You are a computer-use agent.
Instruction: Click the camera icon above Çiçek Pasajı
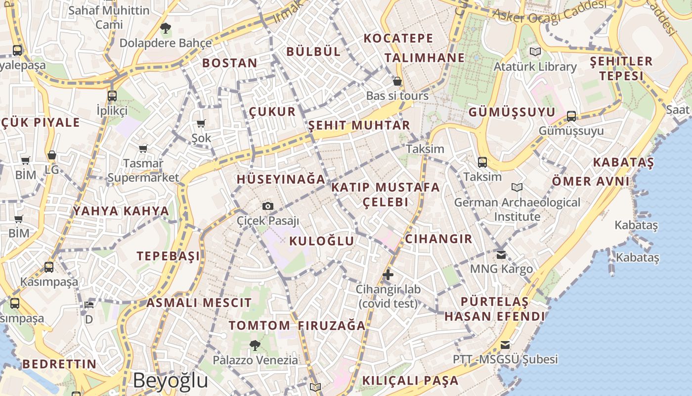(x=267, y=206)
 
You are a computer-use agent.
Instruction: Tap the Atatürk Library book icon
(x=535, y=51)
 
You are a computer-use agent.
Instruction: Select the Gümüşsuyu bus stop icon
(x=571, y=116)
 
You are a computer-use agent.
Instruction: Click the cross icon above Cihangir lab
(x=388, y=275)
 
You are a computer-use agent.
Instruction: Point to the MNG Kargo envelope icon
(x=501, y=255)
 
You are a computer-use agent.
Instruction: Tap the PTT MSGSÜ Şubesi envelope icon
(x=505, y=345)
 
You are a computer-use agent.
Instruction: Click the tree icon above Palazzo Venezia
(x=255, y=345)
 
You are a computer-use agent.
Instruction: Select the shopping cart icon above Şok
(x=201, y=123)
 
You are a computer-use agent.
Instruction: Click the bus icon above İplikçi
(x=112, y=96)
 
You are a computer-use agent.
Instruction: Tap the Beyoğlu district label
(x=171, y=380)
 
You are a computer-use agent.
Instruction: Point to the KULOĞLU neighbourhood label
(x=321, y=241)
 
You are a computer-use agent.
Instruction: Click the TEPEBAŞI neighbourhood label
(x=169, y=256)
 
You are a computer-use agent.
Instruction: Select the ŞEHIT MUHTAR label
(x=359, y=125)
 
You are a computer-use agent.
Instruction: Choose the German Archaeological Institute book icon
(x=517, y=188)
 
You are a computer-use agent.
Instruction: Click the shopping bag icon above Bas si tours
(x=397, y=81)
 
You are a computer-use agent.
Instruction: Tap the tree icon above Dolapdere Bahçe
(x=166, y=28)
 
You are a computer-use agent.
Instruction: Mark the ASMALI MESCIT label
(x=199, y=302)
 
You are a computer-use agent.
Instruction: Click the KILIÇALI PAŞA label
(x=410, y=381)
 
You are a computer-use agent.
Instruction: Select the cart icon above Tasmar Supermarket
(x=143, y=148)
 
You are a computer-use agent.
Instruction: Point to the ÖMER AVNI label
(x=591, y=181)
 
